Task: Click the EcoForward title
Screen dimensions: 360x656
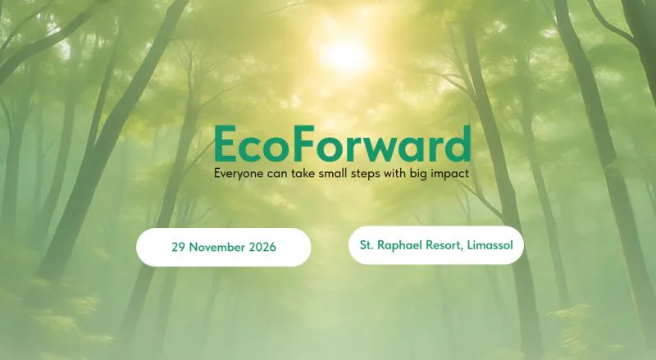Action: click(x=342, y=145)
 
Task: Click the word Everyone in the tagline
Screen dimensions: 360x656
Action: click(x=240, y=174)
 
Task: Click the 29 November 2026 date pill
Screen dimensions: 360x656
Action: click(x=223, y=247)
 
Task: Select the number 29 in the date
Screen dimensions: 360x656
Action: click(x=179, y=247)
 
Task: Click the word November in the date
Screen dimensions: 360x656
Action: click(x=216, y=247)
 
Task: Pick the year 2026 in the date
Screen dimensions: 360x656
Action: click(x=262, y=247)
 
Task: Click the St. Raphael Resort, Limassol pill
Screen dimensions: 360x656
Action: click(x=435, y=244)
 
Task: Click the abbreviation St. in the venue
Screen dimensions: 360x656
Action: click(x=367, y=244)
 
